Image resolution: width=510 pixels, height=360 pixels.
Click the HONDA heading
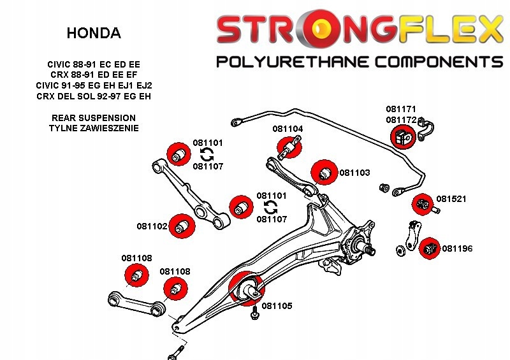[93, 33]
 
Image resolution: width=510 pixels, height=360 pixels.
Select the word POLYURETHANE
[296, 62]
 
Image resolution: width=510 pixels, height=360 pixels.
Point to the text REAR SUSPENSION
[93, 118]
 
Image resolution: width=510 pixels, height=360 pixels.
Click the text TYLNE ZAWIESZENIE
[93, 128]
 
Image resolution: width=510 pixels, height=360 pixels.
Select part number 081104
[288, 129]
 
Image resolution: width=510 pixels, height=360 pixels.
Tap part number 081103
[354, 173]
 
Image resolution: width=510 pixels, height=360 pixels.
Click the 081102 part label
[152, 226]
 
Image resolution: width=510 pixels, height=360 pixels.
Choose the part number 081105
[277, 306]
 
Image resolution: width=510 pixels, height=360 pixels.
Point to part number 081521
[451, 199]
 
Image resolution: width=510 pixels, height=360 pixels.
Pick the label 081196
[457, 248]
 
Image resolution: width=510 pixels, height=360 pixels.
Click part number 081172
[401, 120]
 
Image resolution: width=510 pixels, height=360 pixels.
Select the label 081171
[401, 110]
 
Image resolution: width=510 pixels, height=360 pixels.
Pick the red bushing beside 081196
[428, 248]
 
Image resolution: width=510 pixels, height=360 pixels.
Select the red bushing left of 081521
[422, 205]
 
